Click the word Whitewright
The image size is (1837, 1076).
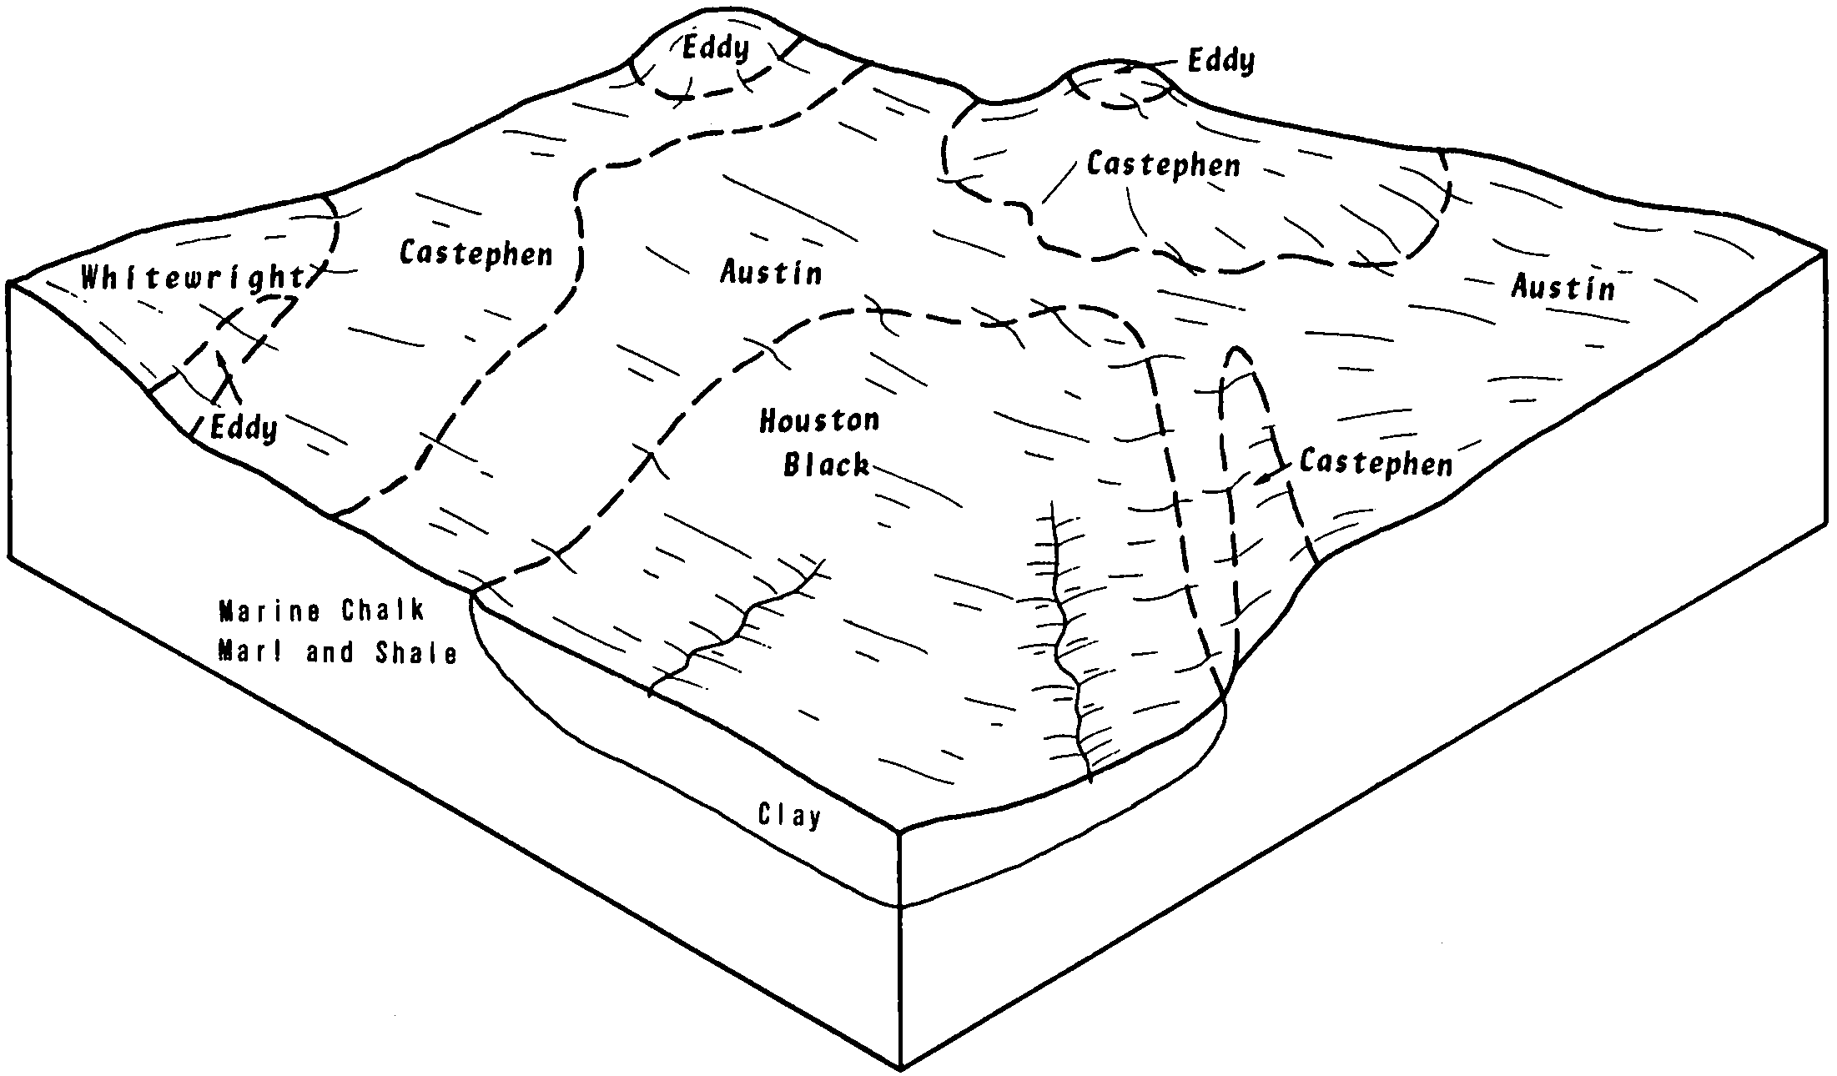[x=193, y=279]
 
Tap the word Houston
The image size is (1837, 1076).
[x=819, y=420]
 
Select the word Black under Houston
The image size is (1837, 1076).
[x=826, y=464]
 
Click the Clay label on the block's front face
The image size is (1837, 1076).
[x=789, y=815]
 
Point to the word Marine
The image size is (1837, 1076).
[x=269, y=611]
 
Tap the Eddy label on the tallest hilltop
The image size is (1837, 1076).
[x=716, y=48]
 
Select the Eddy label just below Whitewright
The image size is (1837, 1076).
[x=243, y=428]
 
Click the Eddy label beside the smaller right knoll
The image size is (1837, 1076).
[x=1220, y=61]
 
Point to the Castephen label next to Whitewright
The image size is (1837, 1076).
[x=476, y=254]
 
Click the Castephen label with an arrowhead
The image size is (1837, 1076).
[x=1376, y=463]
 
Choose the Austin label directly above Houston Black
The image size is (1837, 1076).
[x=772, y=273]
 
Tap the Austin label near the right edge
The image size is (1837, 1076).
[x=1563, y=288]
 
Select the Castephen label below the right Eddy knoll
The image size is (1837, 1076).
[x=1164, y=164]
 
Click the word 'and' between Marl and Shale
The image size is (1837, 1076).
[x=330, y=652]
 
